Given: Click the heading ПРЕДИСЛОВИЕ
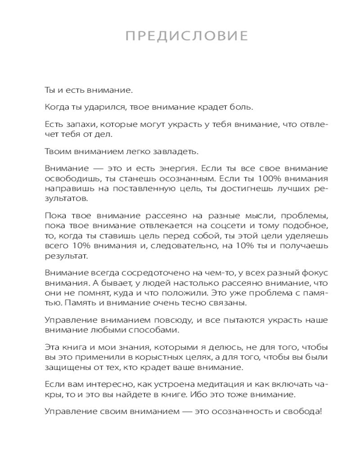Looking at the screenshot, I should pos(187,36).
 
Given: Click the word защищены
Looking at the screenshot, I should pos(65,368).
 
